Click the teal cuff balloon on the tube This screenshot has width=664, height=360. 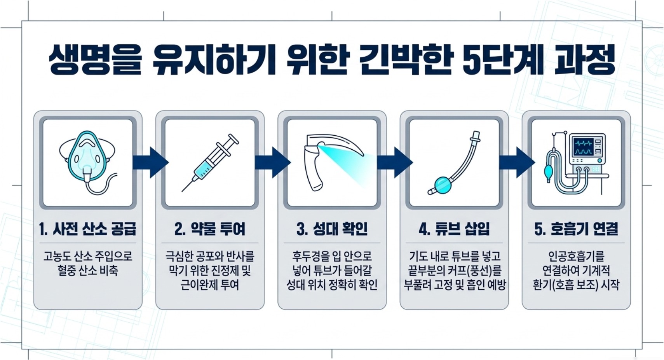click(443, 185)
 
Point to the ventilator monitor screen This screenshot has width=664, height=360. click(583, 147)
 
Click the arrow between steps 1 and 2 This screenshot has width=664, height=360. click(151, 163)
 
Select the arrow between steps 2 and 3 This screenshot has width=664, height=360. click(273, 163)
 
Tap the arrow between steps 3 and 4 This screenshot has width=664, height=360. click(395, 163)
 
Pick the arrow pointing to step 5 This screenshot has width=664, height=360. click(517, 163)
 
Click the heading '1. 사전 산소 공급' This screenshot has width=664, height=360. click(88, 229)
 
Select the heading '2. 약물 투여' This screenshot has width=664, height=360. click(210, 229)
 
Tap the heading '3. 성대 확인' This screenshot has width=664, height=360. click(332, 229)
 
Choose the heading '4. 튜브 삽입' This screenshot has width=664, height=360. click(454, 229)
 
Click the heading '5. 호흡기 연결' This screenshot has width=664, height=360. click(576, 229)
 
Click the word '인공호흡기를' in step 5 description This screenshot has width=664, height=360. click(576, 256)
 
